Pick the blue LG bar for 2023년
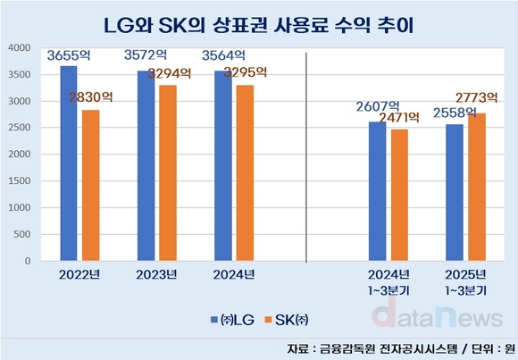pos(146,165)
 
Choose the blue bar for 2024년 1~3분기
pos(377,191)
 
